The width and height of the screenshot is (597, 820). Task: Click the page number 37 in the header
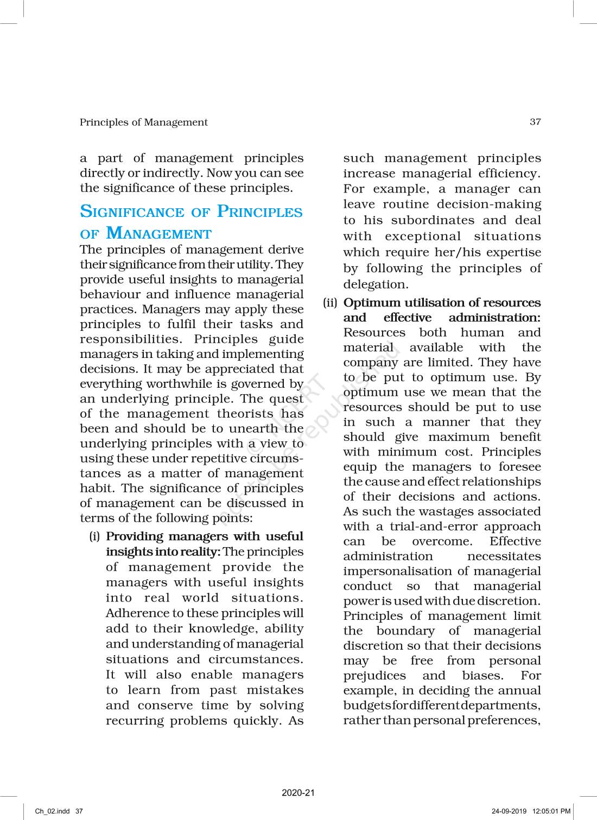pos(535,122)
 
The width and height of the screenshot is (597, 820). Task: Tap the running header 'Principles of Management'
pos(143,123)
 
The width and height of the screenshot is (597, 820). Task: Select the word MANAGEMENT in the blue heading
pos(158,234)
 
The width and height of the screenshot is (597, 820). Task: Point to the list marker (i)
pos(94,537)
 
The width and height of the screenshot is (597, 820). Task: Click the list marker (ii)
pos(330,303)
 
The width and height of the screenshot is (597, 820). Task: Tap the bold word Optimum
pos(372,303)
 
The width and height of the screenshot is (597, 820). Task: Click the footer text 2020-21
pos(298,793)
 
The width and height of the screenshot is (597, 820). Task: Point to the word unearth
pos(253,428)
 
